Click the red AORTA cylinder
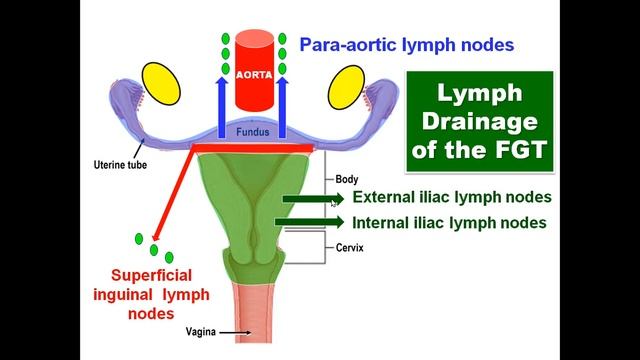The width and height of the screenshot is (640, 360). [254, 73]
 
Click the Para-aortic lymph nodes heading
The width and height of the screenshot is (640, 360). [407, 45]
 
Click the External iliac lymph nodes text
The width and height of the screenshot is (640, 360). [452, 198]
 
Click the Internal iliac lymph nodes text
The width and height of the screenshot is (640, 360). [450, 222]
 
